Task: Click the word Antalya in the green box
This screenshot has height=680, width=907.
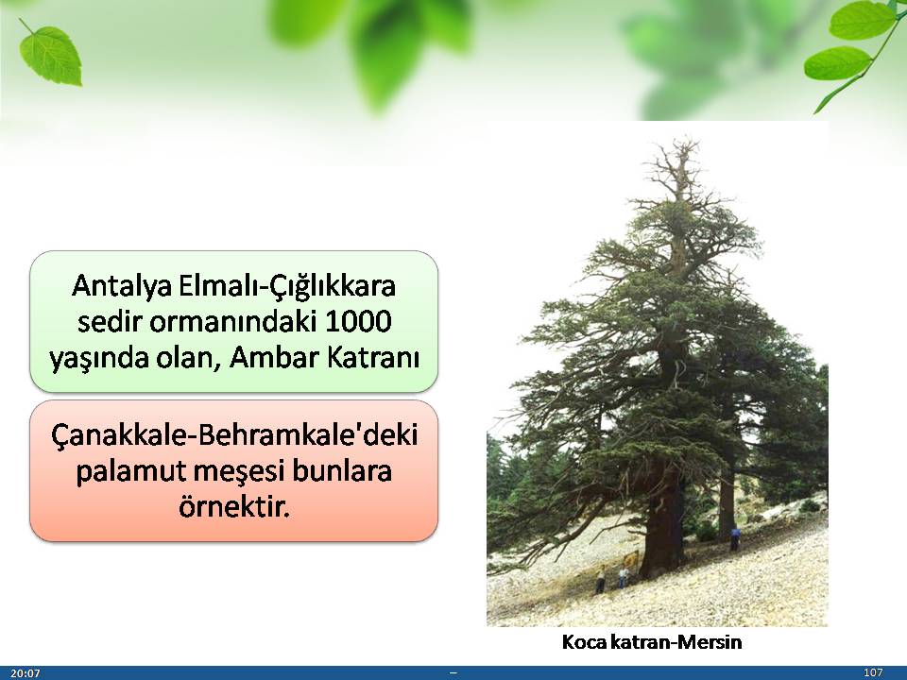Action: (x=122, y=286)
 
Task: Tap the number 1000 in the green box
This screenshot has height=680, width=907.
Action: (x=359, y=321)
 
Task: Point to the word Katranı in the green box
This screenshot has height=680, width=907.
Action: (x=372, y=357)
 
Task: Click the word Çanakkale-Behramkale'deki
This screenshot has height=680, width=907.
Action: (x=234, y=435)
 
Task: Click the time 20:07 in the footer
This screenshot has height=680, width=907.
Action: (x=26, y=673)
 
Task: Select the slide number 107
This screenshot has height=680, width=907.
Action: (x=873, y=672)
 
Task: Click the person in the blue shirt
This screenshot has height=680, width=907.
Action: (x=735, y=537)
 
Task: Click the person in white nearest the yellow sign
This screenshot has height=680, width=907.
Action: (x=623, y=576)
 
